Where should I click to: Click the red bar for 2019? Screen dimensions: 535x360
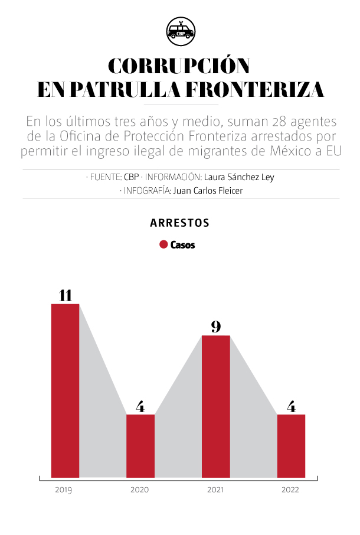point(65,390)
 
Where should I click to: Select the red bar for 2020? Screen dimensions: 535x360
point(140,446)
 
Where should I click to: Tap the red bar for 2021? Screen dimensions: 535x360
point(215,406)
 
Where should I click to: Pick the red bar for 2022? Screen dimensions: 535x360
point(291,446)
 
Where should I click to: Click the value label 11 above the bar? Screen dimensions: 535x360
point(65,295)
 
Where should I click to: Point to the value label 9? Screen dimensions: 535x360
point(216,327)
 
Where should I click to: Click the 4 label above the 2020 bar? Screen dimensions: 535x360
point(140,406)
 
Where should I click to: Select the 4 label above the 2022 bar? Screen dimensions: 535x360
point(291,406)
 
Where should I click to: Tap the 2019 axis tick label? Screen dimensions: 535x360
point(64,490)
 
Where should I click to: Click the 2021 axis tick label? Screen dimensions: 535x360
point(215,490)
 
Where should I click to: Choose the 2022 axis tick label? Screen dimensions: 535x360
point(290,490)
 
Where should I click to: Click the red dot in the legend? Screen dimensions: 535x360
point(163,244)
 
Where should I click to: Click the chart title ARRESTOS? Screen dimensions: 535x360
point(180,223)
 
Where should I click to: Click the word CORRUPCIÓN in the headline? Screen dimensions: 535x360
point(179,66)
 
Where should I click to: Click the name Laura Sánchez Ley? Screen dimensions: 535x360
point(239,177)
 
